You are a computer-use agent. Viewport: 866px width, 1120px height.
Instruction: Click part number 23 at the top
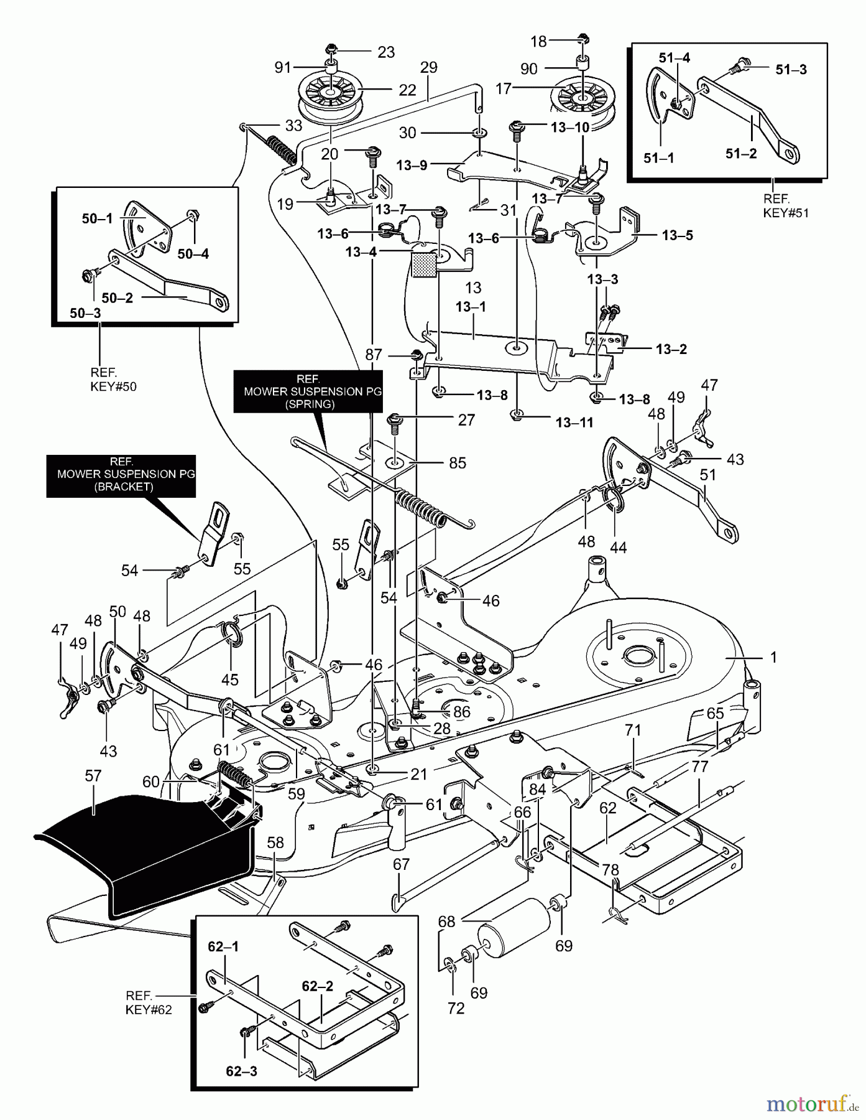tap(386, 52)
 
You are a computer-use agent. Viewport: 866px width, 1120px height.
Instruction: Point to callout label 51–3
tap(791, 70)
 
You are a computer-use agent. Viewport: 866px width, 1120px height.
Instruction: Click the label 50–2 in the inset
tap(117, 297)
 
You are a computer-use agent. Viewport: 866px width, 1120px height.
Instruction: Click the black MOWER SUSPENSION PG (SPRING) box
tap(308, 391)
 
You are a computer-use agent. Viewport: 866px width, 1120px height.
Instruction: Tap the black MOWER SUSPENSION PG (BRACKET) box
tap(121, 476)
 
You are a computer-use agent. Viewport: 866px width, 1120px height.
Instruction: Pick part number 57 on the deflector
tap(93, 776)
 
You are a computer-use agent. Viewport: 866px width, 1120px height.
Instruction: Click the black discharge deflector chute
tap(143, 846)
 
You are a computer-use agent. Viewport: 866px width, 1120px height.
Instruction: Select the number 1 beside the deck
tap(773, 657)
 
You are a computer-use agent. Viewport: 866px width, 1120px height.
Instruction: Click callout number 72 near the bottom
tap(456, 1008)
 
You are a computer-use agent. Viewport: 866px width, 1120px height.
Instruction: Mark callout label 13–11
tap(574, 422)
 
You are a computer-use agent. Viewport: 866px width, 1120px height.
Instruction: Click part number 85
tap(457, 463)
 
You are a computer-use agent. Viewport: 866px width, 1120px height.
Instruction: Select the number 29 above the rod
tap(428, 67)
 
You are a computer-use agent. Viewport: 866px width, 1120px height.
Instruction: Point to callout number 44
tap(618, 548)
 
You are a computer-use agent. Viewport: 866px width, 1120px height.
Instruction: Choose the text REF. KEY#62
tap(149, 1002)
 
